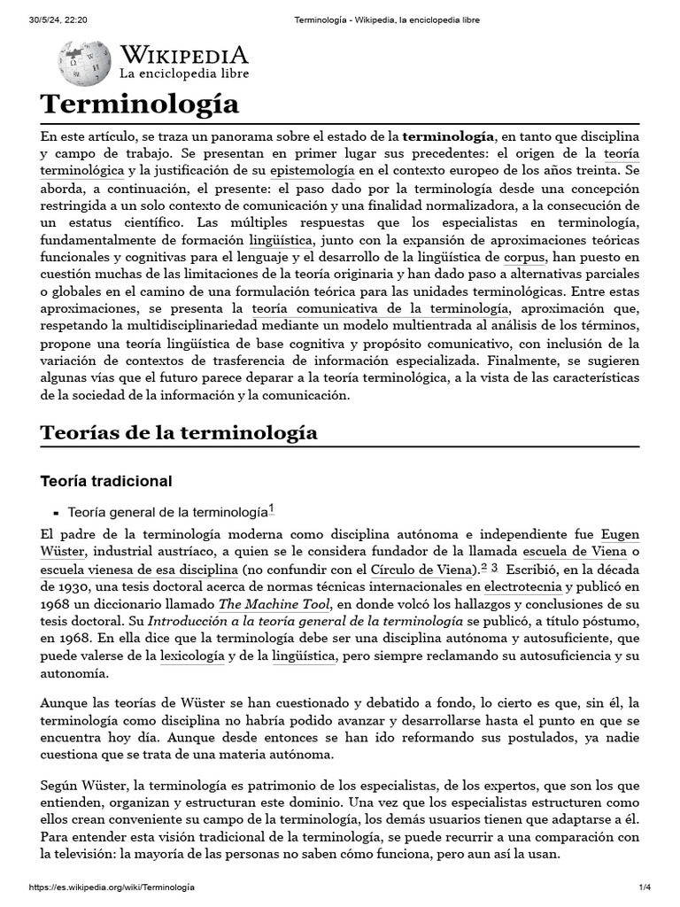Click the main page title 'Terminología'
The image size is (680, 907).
(140, 104)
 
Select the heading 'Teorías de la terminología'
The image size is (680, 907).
(179, 433)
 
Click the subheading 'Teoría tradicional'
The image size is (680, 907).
(106, 481)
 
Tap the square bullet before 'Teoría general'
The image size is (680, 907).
(56, 513)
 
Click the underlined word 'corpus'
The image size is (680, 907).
(525, 258)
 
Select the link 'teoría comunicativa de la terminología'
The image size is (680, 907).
(380, 308)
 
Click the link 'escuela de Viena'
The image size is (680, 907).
(575, 552)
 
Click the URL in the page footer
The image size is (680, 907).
(112, 887)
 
